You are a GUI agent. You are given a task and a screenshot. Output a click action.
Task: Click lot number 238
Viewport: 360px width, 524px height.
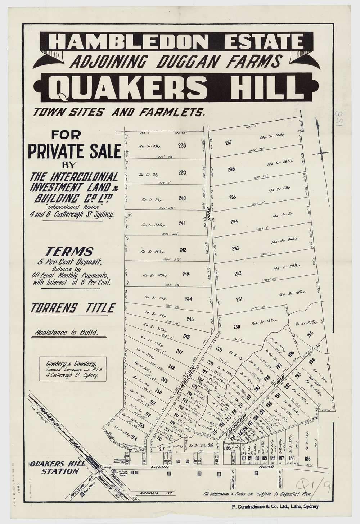[x=182, y=145]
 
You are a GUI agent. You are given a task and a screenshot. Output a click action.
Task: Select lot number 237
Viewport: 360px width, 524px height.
[x=228, y=143]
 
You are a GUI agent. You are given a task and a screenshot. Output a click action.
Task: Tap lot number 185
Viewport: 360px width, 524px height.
[x=307, y=459]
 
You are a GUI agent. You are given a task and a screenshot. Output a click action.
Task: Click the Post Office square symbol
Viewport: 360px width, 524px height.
[x=82, y=495]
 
